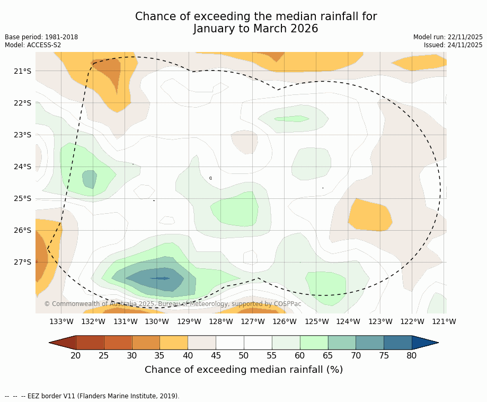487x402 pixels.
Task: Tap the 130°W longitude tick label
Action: (x=157, y=321)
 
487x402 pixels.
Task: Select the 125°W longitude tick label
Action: (x=316, y=321)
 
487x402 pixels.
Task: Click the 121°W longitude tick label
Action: (x=444, y=321)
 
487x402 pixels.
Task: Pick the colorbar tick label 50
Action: (x=244, y=355)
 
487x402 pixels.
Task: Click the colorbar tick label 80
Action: (x=412, y=355)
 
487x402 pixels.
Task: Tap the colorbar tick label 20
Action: (x=76, y=355)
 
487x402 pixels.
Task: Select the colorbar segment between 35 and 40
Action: (x=174, y=343)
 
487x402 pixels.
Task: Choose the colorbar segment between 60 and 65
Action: (x=314, y=343)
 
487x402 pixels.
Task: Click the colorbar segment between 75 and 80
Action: (x=397, y=343)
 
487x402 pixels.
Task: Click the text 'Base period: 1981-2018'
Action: (x=41, y=37)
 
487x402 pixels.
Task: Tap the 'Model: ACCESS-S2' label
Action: (x=33, y=45)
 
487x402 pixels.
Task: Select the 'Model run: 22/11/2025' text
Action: (x=448, y=37)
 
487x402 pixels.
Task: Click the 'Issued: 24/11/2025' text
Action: (x=453, y=45)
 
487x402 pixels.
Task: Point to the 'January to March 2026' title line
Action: (x=255, y=29)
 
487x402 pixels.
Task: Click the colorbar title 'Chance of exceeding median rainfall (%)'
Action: (x=244, y=370)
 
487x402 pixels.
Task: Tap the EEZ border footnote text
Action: (x=92, y=396)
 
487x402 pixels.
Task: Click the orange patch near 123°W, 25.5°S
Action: (x=370, y=215)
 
